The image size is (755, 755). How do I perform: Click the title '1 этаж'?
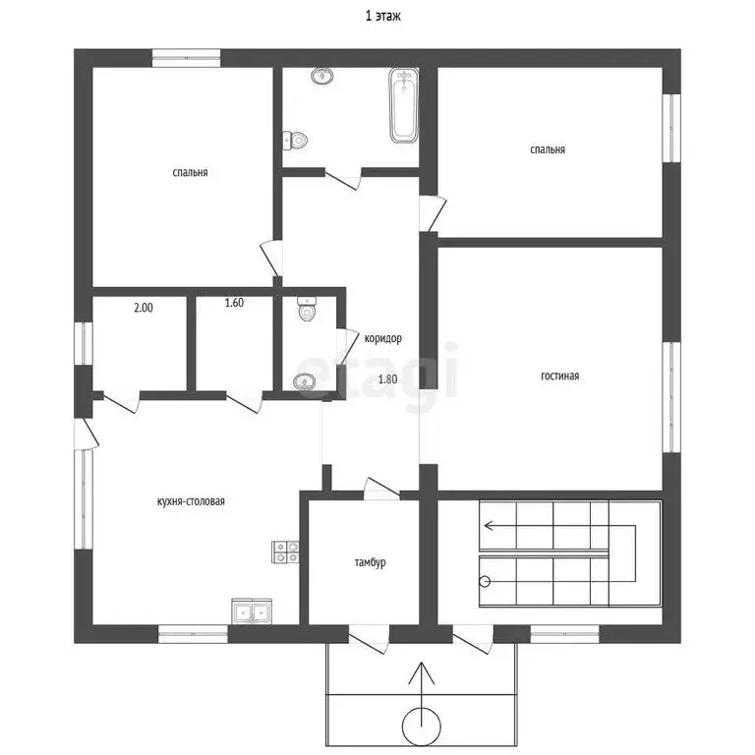click(382, 17)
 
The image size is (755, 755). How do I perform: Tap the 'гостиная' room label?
click(559, 376)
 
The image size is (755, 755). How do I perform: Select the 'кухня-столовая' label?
click(191, 501)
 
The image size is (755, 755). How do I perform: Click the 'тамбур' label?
click(370, 562)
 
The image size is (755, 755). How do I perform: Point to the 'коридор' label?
click(382, 338)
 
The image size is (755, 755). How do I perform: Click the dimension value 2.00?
click(144, 308)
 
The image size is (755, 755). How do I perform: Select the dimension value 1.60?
click(234, 303)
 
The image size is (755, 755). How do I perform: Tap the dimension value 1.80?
click(387, 379)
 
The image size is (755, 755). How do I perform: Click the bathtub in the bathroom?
click(403, 106)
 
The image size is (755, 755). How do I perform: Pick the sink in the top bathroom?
click(322, 76)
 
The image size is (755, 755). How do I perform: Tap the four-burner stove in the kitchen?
click(285, 552)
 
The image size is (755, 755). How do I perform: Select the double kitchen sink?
click(252, 611)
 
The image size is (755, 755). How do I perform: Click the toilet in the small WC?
click(307, 310)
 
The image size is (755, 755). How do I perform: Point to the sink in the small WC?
click(305, 381)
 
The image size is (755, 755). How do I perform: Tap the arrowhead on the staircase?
click(490, 525)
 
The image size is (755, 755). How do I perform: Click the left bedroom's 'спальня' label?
click(190, 172)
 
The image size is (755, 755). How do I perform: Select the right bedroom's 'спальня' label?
click(548, 149)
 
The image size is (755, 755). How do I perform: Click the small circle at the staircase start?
click(485, 581)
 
